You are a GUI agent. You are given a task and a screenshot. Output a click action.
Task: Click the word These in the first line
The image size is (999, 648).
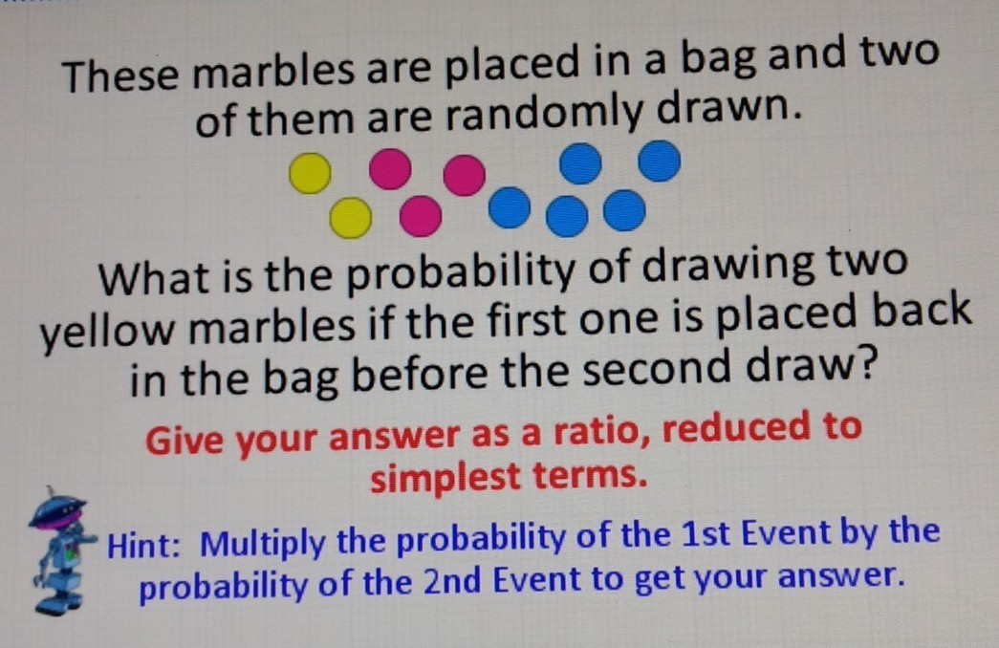(120, 76)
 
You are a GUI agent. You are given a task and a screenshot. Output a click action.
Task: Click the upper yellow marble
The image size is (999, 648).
(311, 173)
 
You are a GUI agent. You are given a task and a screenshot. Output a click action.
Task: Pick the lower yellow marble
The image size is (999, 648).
(351, 217)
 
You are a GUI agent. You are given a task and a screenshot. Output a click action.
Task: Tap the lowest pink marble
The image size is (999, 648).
(421, 216)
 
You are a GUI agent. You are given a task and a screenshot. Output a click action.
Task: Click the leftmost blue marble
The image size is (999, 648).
(509, 207)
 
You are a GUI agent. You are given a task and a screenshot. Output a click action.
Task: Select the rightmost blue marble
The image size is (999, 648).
(660, 162)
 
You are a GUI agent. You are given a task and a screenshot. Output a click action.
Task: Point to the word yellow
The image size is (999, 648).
(107, 331)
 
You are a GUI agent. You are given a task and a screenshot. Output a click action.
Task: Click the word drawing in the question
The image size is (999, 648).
(727, 269)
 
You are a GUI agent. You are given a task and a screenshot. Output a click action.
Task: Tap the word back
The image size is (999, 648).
(922, 312)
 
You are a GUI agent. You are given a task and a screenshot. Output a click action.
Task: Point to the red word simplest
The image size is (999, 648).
(445, 479)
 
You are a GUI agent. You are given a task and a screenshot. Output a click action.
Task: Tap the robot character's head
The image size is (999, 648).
(57, 511)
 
